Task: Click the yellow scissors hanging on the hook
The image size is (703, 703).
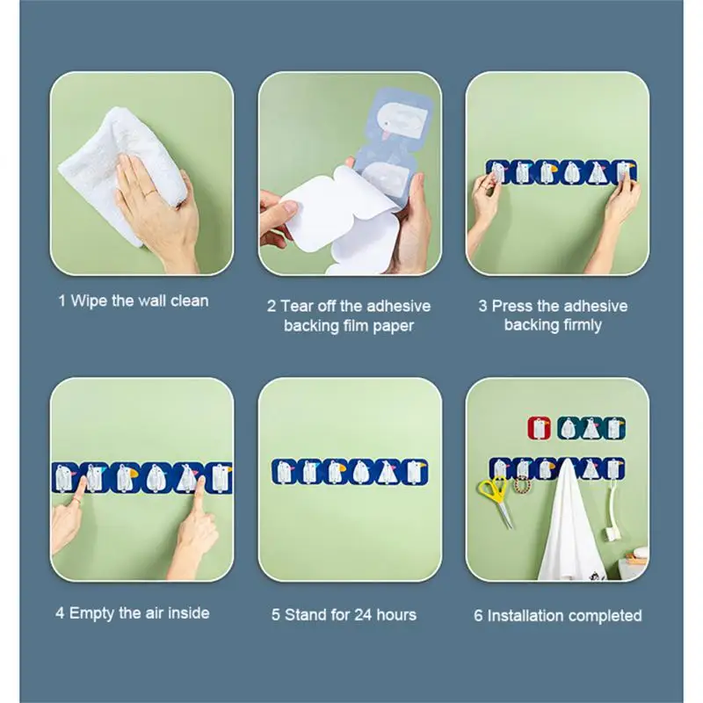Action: (x=496, y=498)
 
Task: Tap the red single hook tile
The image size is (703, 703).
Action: (x=540, y=428)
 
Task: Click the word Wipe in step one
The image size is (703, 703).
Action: (x=90, y=301)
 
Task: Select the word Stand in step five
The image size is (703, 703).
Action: (x=305, y=614)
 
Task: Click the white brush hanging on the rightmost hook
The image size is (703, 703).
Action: (x=612, y=511)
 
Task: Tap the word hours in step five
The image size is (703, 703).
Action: (x=396, y=614)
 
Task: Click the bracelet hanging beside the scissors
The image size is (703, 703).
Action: (x=521, y=484)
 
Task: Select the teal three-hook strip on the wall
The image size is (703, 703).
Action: (x=591, y=428)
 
